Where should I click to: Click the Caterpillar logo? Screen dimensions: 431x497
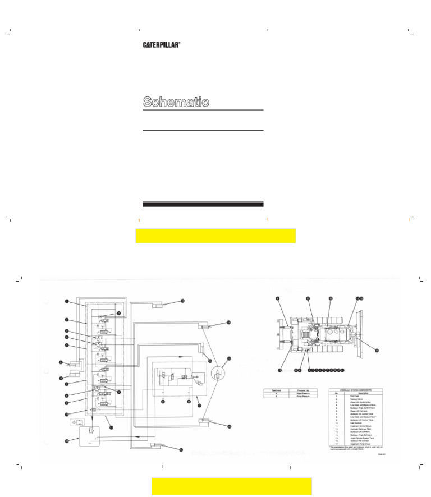click(x=161, y=45)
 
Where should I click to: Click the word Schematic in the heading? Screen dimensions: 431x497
click(x=176, y=102)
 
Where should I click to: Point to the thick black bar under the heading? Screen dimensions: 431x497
click(x=203, y=204)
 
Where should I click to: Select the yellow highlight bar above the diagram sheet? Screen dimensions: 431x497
click(x=215, y=236)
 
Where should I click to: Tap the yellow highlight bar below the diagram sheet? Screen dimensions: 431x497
click(x=231, y=486)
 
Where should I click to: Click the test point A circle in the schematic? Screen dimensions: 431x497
click(x=163, y=402)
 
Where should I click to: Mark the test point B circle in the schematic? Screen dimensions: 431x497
click(x=189, y=402)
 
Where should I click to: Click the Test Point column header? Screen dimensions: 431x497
click(x=277, y=389)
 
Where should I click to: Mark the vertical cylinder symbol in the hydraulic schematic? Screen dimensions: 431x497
click(x=201, y=351)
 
